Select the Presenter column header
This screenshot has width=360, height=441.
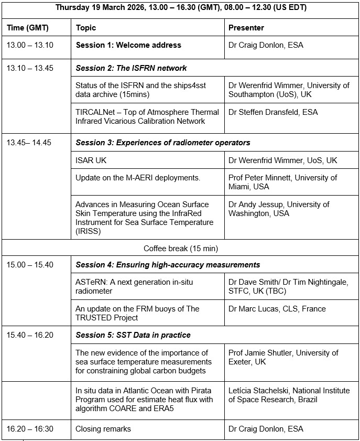[x=246, y=28]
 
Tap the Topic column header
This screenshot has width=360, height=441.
[x=86, y=28]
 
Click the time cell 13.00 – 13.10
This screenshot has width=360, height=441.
[x=30, y=45]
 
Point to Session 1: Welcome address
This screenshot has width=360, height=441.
[x=128, y=45]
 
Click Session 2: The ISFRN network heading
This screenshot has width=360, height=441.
[x=131, y=68]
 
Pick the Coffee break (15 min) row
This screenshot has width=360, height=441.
[x=181, y=248]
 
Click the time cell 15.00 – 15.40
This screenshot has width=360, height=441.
[x=30, y=265]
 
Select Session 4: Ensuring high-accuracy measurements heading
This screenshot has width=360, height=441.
[x=168, y=265]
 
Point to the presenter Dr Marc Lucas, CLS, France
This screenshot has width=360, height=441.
[x=277, y=309]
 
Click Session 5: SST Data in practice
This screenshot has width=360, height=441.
[x=133, y=335]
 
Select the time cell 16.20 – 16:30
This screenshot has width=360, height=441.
[x=30, y=429]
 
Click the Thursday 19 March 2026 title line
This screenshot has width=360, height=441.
[x=181, y=8]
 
